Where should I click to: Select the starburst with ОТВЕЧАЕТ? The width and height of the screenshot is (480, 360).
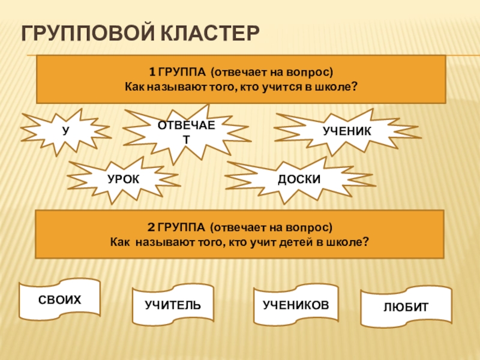pos(185,131)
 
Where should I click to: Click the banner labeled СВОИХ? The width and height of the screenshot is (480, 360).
pos(59,299)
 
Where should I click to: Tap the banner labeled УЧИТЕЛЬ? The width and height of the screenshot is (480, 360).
pos(172,305)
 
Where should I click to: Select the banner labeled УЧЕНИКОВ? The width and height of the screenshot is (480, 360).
pos(296,305)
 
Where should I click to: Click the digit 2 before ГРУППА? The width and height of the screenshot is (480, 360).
pos(152,229)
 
